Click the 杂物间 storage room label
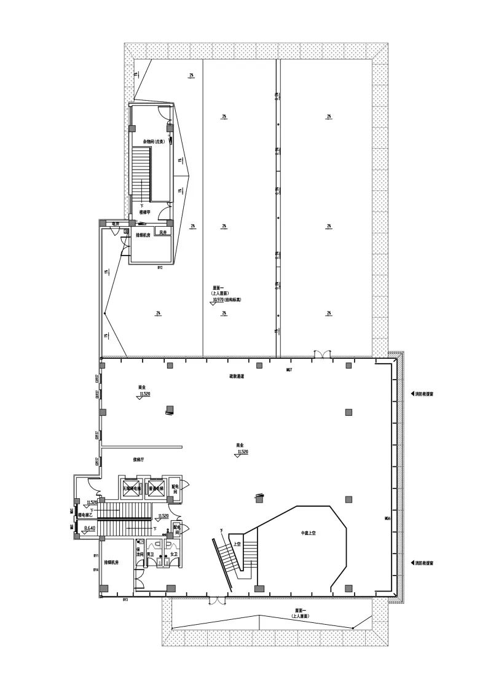pos(150,141)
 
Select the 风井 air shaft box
pos(163,232)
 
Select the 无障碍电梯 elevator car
pos(132,489)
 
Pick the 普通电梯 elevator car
pos(155,489)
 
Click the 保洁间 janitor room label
pos(140,551)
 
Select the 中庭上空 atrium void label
pos(307,534)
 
